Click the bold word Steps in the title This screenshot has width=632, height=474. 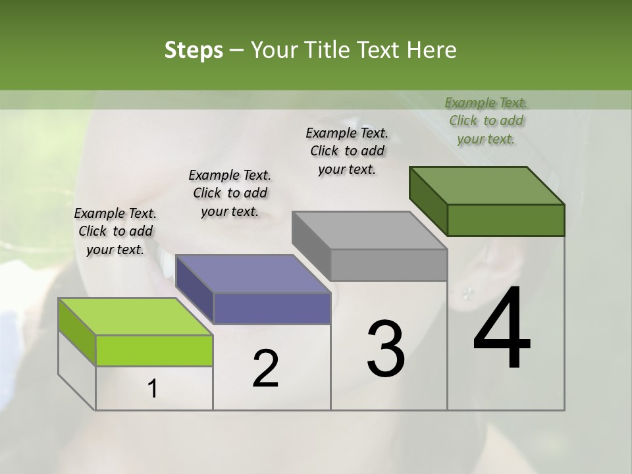(x=194, y=51)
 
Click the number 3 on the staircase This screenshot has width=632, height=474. (x=385, y=349)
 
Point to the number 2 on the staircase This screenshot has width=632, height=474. (x=265, y=369)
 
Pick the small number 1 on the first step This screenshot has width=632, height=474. (x=153, y=389)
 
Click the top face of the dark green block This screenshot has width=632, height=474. (x=487, y=185)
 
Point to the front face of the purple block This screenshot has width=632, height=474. (x=272, y=308)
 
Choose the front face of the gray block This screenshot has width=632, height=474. (x=388, y=265)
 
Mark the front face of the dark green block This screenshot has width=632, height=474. (x=506, y=220)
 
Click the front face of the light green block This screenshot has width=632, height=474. (x=154, y=350)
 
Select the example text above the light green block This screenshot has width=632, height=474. (x=115, y=231)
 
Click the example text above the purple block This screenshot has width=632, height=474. (x=230, y=193)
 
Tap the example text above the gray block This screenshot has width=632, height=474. (x=347, y=151)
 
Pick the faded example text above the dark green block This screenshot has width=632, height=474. (x=486, y=120)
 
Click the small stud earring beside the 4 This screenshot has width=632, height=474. (x=469, y=290)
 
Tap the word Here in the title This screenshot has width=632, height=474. (x=432, y=51)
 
